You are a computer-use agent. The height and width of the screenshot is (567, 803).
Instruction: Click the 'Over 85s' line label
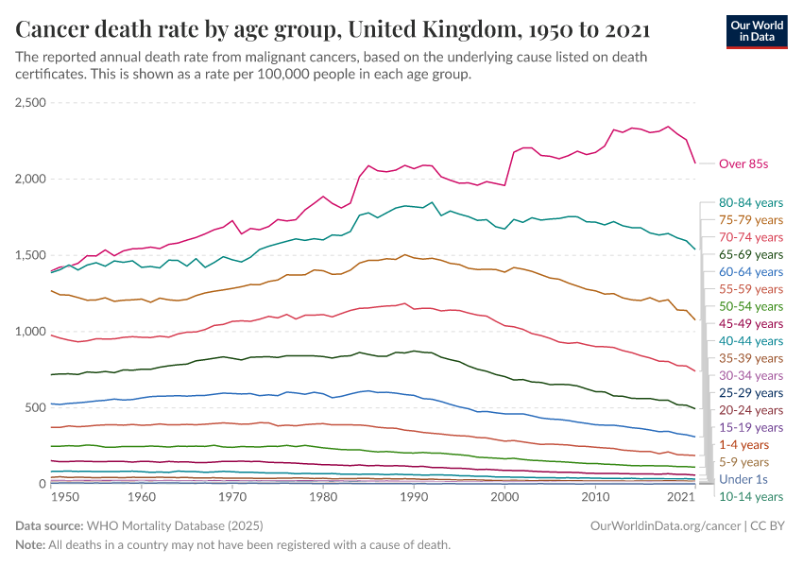click(743, 163)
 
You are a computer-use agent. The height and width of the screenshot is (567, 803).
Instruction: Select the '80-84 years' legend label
click(751, 202)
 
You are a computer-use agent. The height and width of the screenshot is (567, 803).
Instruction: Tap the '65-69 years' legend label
click(751, 254)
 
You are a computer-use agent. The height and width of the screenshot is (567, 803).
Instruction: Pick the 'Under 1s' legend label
click(743, 479)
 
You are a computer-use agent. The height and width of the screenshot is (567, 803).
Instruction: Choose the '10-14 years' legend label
click(751, 496)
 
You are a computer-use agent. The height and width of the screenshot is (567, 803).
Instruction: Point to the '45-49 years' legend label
click(751, 323)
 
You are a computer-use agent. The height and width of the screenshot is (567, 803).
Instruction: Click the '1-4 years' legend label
click(743, 444)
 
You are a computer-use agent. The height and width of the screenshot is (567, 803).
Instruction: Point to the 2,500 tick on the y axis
click(31, 102)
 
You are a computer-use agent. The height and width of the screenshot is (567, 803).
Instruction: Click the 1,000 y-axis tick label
click(31, 331)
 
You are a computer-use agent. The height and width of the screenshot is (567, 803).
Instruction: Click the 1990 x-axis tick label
click(414, 496)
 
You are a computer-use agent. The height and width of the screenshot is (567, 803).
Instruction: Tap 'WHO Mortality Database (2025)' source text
click(175, 524)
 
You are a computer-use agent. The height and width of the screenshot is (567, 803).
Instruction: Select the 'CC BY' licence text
click(770, 524)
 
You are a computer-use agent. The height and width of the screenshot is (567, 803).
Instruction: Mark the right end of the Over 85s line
click(695, 163)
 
